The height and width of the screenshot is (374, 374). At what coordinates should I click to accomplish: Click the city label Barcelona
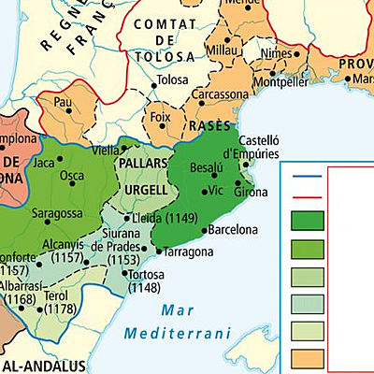tap(232, 229)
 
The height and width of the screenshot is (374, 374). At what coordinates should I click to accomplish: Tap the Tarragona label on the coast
tap(190, 252)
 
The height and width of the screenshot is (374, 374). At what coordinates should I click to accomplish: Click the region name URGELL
tap(145, 190)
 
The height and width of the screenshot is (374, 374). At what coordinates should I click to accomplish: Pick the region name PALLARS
tap(143, 163)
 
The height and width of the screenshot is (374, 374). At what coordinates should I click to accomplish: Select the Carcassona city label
tap(221, 94)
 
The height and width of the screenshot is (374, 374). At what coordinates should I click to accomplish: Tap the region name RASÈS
tap(208, 125)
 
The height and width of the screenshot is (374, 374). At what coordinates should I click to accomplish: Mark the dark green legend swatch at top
tap(308, 221)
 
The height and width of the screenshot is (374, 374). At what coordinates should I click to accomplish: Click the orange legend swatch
tap(308, 359)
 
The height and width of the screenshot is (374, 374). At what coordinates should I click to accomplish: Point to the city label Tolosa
tap(172, 79)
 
